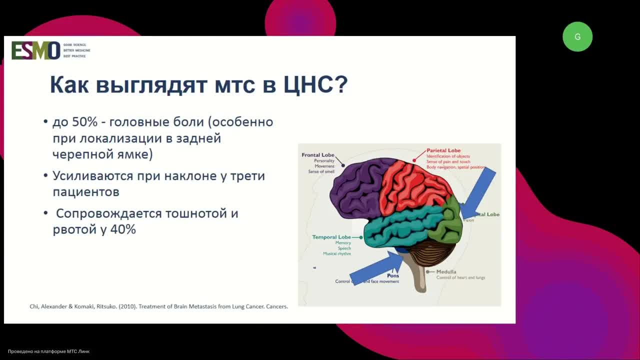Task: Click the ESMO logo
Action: pos(36,50)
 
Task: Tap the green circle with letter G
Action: pos(577,36)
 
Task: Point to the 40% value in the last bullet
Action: pos(123,229)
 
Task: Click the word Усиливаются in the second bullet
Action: pos(93,176)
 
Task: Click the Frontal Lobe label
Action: pos(318,155)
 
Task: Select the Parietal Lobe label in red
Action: pos(443,150)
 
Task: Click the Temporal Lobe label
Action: pos(331,237)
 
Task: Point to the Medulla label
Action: pos(446,272)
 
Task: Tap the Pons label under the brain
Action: pos(393,275)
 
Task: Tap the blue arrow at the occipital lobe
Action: pos(477,192)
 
